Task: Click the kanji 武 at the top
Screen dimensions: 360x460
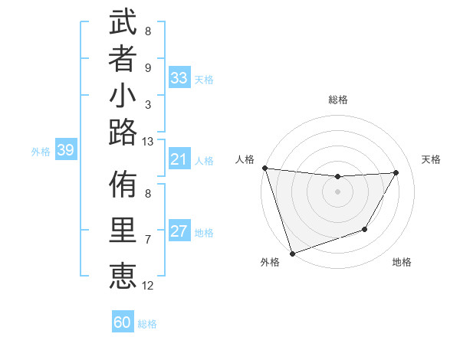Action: [x=123, y=23]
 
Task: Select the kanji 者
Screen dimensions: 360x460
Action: [x=123, y=60]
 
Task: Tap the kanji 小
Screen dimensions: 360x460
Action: [x=123, y=97]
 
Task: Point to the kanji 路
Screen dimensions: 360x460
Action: [x=123, y=133]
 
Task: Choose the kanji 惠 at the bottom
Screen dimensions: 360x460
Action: [x=123, y=274]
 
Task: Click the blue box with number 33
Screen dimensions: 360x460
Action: [x=179, y=78]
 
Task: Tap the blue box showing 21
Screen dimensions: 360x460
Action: [x=179, y=159]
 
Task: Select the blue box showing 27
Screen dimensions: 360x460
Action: [x=179, y=231]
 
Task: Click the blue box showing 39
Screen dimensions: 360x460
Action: [x=66, y=150]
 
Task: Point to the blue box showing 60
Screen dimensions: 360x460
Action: [x=123, y=322]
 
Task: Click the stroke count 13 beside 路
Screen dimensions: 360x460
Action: [x=148, y=141]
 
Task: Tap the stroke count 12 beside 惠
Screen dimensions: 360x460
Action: [x=148, y=286]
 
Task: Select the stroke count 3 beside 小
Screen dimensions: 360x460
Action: [x=148, y=104]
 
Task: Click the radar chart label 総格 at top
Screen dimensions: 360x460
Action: [x=338, y=100]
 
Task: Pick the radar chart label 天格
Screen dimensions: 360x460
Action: [x=431, y=159]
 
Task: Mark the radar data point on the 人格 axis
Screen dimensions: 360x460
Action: [x=264, y=168]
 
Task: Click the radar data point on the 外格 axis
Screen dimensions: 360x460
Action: [x=293, y=253]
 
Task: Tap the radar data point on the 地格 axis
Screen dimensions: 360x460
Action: [x=365, y=229]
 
